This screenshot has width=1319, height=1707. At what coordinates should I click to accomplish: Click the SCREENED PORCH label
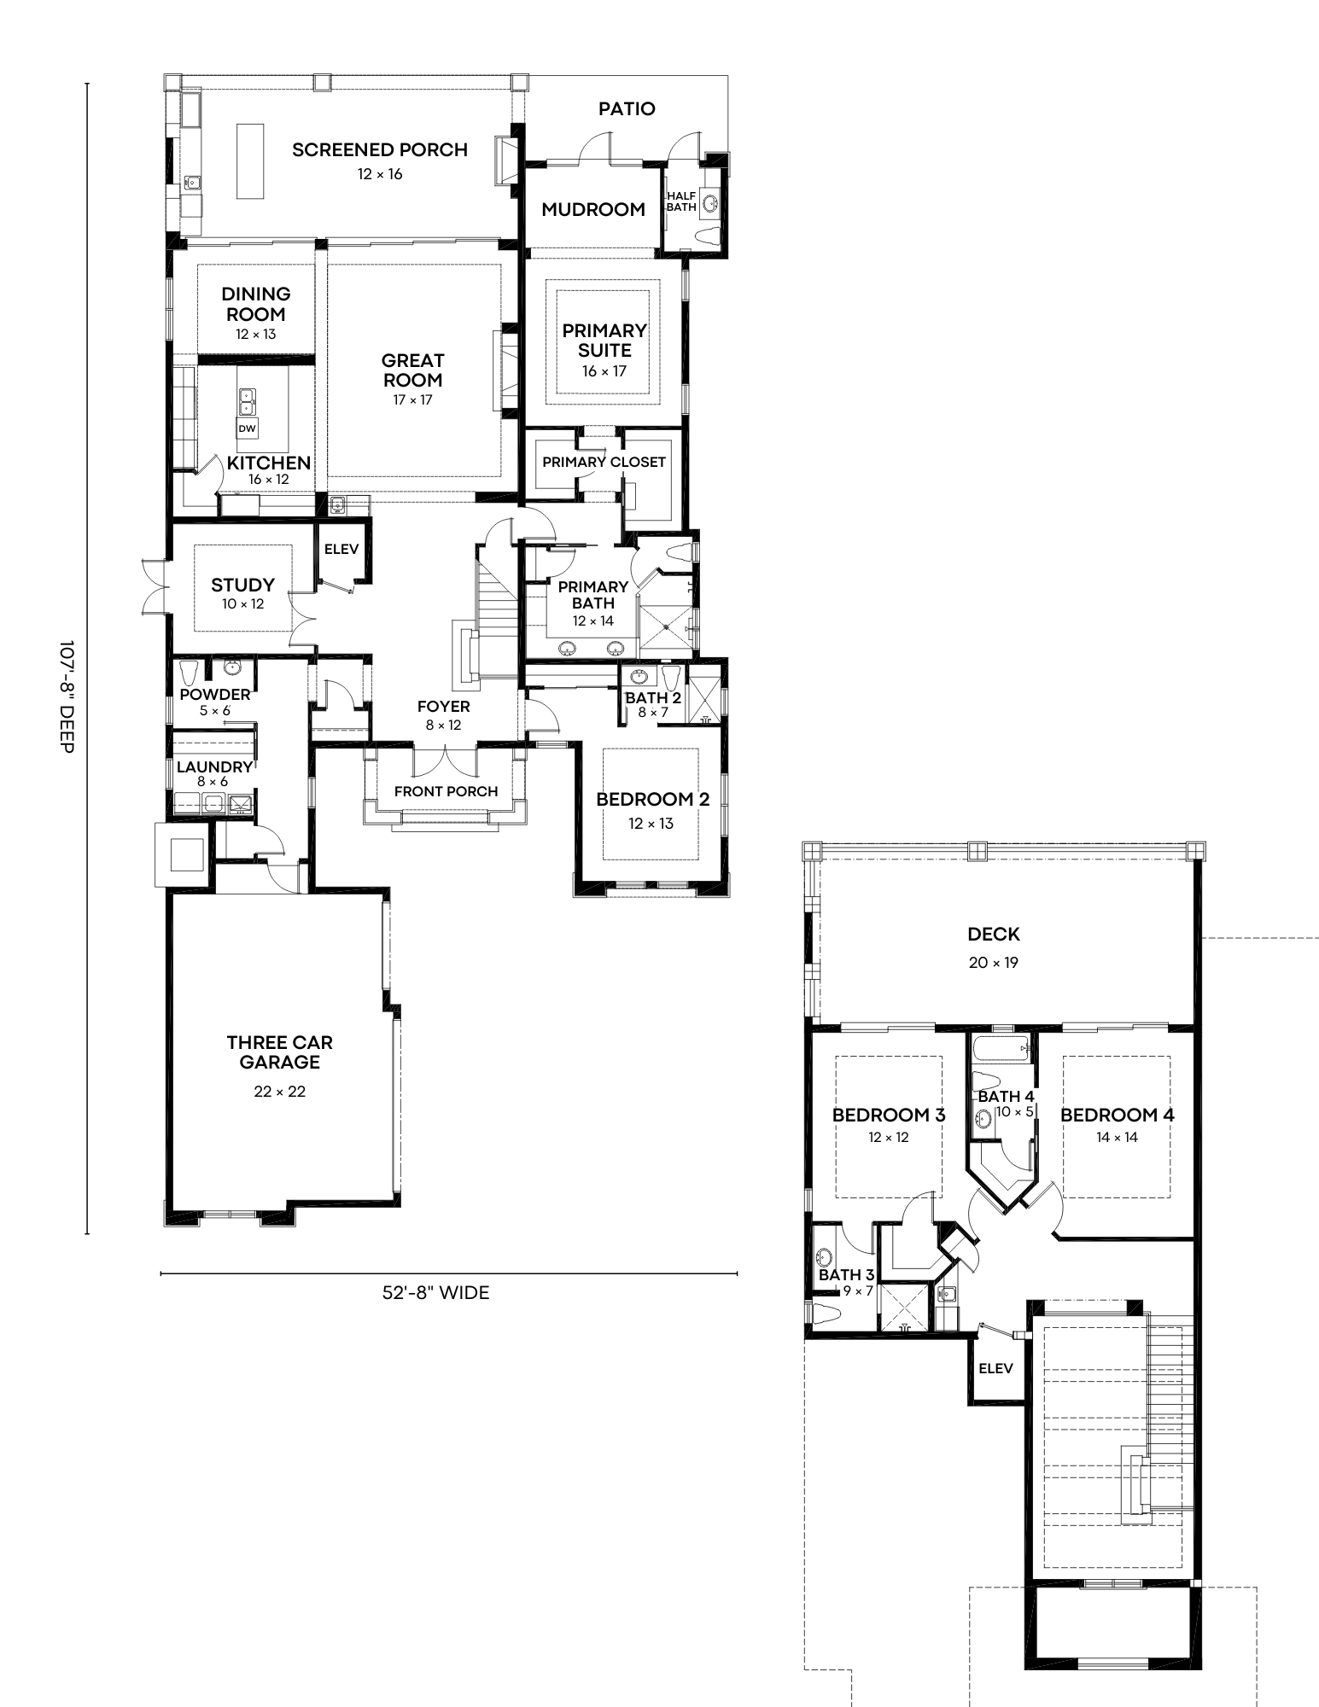[380, 150]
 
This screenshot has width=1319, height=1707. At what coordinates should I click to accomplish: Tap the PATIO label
[627, 108]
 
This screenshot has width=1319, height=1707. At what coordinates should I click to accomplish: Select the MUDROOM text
[593, 209]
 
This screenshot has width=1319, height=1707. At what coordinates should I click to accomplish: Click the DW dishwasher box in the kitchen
[247, 428]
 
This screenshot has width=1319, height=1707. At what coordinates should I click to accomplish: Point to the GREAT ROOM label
[413, 370]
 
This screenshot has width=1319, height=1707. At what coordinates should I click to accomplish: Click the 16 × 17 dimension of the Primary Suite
[604, 372]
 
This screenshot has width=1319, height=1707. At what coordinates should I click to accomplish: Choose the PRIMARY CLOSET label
[604, 463]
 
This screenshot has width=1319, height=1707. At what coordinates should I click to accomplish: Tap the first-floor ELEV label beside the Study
[341, 550]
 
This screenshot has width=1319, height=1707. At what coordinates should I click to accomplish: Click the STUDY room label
[243, 585]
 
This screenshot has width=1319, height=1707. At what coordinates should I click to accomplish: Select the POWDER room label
[215, 694]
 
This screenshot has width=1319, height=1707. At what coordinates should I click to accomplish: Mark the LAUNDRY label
[214, 766]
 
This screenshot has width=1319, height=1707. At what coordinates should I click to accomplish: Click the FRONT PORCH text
[446, 791]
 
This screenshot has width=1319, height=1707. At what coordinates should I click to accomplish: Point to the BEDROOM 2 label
[652, 800]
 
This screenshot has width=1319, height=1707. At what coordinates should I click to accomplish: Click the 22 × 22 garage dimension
[279, 1092]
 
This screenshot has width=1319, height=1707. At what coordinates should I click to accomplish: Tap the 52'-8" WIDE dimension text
[435, 1293]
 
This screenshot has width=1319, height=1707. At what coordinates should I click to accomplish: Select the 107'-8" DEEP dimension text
[68, 697]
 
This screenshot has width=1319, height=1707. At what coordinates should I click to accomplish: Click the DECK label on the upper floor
[994, 935]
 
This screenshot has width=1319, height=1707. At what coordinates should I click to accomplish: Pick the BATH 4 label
[1006, 1097]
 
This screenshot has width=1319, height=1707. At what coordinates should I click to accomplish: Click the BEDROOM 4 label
[1117, 1115]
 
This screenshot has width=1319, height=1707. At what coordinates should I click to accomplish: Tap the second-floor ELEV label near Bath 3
[995, 1369]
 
